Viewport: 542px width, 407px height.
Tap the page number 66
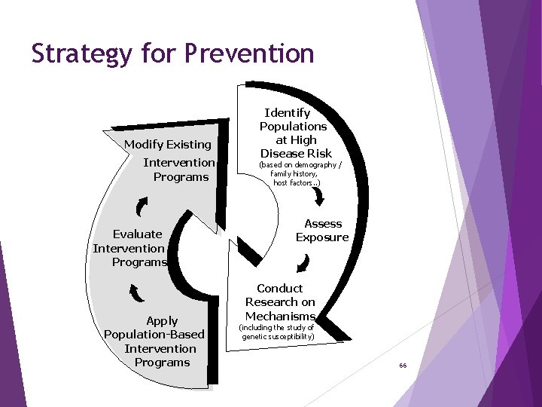403,366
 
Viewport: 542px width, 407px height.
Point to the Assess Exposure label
322,231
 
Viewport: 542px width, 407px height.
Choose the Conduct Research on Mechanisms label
280,302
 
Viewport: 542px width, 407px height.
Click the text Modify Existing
167,144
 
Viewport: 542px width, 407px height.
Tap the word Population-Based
154,335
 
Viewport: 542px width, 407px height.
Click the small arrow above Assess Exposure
318,196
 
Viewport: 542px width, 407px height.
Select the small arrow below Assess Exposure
303,263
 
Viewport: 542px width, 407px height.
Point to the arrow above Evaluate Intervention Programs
142,206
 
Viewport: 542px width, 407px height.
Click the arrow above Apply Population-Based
135,292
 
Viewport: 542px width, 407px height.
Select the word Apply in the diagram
162,321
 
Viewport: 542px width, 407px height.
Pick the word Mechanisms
280,316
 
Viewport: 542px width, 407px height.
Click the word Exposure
322,237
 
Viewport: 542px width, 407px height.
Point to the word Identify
288,112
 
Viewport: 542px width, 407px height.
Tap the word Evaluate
138,234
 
